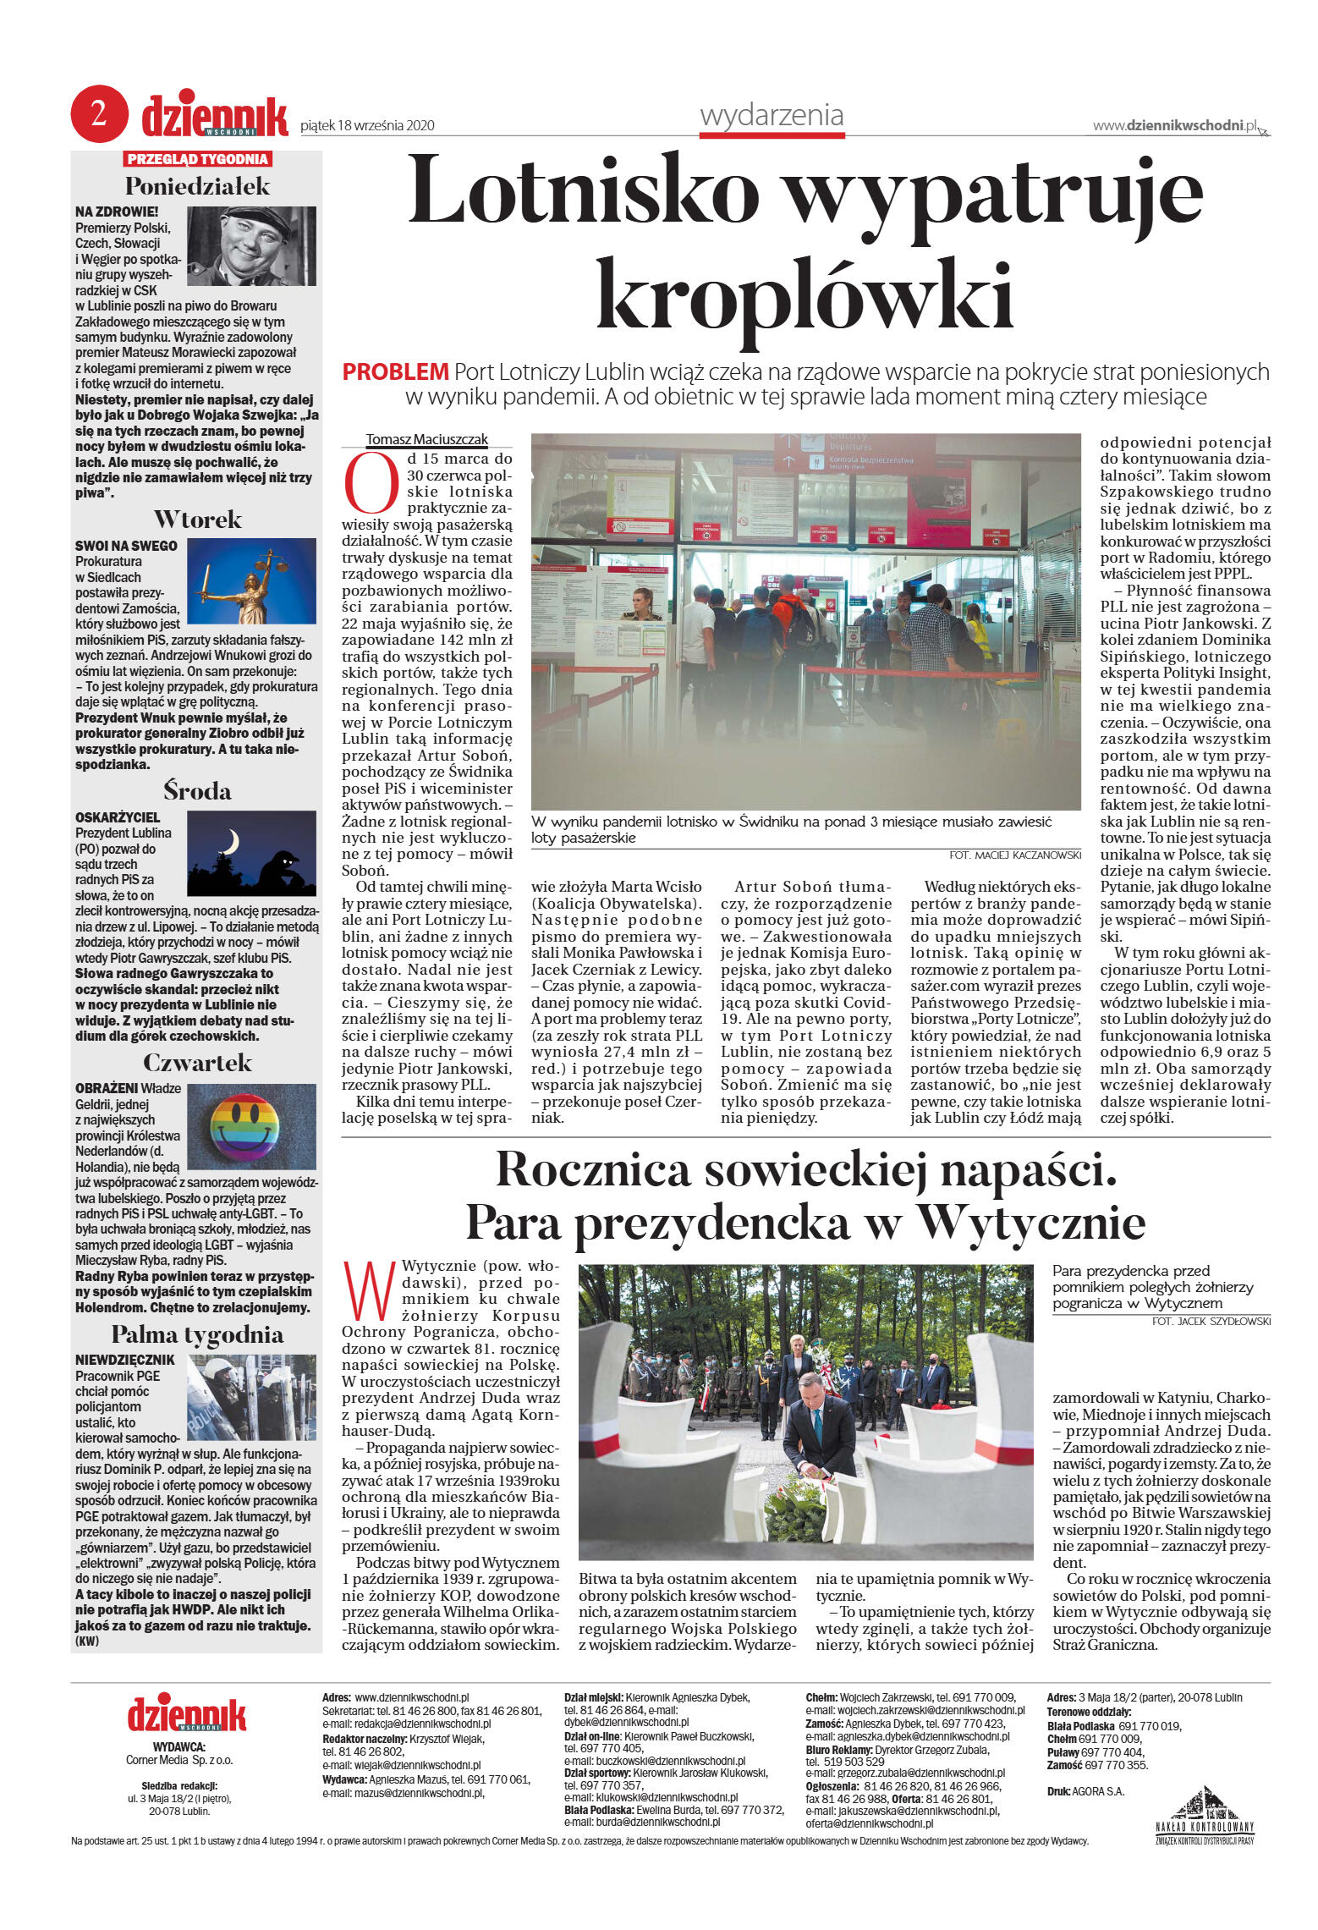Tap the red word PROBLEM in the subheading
[x=395, y=371]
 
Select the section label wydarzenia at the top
[x=772, y=115]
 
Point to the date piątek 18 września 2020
[x=368, y=126]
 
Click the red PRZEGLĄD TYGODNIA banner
[x=197, y=159]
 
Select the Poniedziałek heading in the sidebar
[x=197, y=186]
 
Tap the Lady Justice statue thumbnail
[x=251, y=582]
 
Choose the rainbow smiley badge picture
[x=250, y=1126]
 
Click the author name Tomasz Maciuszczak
[x=427, y=439]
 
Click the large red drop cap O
[x=371, y=483]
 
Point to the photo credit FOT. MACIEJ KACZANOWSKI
[x=1015, y=855]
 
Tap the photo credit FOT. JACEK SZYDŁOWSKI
[x=1211, y=1321]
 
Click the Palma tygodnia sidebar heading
[x=197, y=1334]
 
